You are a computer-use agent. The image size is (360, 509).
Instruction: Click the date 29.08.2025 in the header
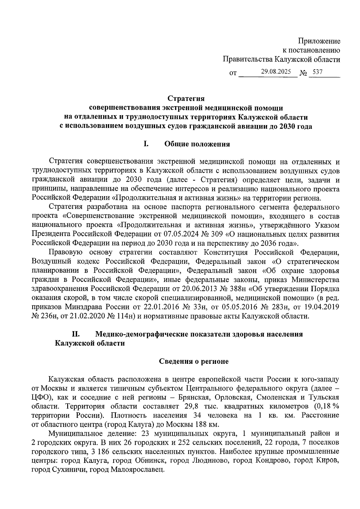pos(276,72)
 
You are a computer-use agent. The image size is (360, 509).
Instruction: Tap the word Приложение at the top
pos(319,41)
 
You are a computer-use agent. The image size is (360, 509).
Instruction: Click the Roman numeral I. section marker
pos(146,144)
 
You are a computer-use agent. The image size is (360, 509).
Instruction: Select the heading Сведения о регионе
pos(193,361)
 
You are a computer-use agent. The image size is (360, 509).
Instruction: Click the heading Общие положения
pos(197,144)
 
